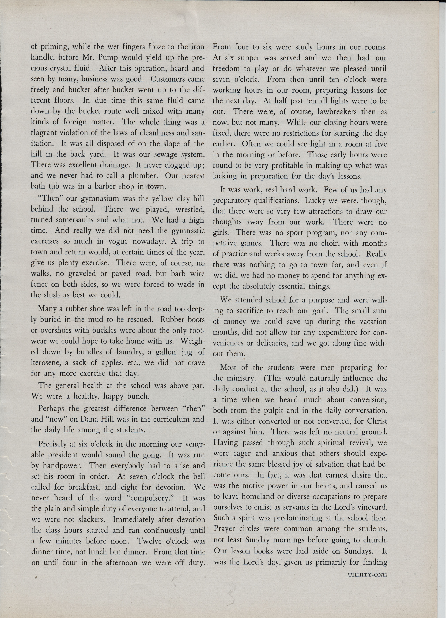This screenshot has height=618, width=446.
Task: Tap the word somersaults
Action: pos(61,220)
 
